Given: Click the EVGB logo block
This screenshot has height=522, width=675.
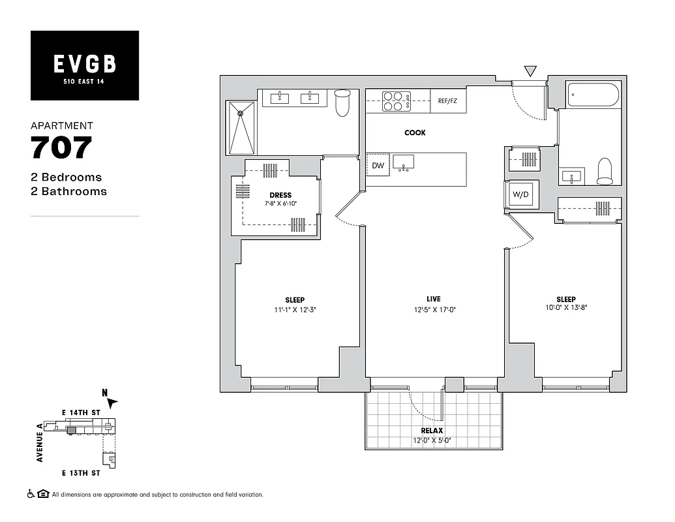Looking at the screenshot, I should pyautogui.click(x=85, y=65).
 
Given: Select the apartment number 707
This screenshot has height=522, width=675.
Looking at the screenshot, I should pyautogui.click(x=61, y=148).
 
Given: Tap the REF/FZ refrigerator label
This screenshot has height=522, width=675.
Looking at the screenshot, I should pyautogui.click(x=448, y=101).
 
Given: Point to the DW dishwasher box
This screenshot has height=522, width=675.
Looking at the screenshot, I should pyautogui.click(x=378, y=166).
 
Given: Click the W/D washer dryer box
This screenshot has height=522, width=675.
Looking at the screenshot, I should pyautogui.click(x=521, y=194).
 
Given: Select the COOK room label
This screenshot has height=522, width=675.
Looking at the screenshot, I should pyautogui.click(x=415, y=132).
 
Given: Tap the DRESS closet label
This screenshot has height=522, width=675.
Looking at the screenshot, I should pyautogui.click(x=280, y=195).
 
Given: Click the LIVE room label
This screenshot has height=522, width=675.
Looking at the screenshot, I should pyautogui.click(x=434, y=299).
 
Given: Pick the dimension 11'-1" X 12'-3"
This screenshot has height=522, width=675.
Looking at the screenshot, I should pyautogui.click(x=295, y=310).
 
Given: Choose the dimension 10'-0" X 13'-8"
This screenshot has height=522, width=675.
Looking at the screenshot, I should pyautogui.click(x=565, y=308).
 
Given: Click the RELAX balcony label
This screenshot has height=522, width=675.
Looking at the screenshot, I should pyautogui.click(x=432, y=431).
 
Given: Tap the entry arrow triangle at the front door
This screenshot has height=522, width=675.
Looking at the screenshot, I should pyautogui.click(x=530, y=70).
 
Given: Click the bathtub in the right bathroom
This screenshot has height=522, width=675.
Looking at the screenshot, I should pyautogui.click(x=593, y=95).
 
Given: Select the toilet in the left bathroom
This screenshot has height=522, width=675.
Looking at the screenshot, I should pyautogui.click(x=342, y=103).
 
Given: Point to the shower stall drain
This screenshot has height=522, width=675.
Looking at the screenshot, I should pyautogui.click(x=240, y=114).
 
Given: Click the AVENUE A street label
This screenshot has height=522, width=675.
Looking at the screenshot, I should pyautogui.click(x=40, y=442).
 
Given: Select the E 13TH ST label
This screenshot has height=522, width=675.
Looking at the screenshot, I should pyautogui.click(x=81, y=472).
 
